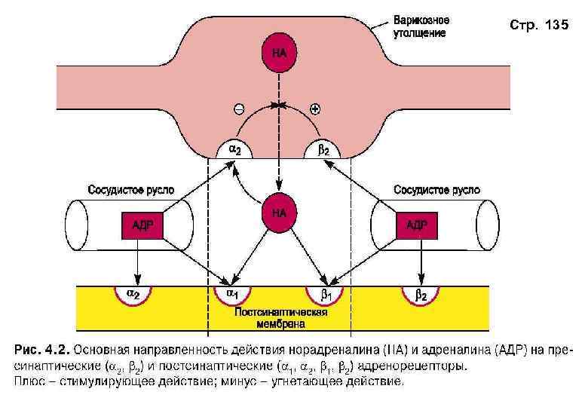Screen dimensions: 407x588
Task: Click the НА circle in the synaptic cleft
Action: coord(279,213)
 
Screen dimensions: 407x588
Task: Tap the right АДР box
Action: coord(418,225)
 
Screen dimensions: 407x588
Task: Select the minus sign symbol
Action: coord(239,109)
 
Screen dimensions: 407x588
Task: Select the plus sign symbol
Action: coord(315,109)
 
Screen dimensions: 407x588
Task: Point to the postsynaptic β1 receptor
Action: coord(324,293)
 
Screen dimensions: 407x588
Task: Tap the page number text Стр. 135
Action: coord(538,26)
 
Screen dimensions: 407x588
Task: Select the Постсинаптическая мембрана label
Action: coord(280,318)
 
